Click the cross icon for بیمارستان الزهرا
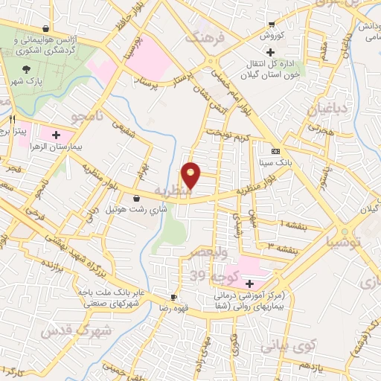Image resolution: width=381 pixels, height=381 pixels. [57, 135]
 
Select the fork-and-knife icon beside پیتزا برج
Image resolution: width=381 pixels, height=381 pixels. [12, 119]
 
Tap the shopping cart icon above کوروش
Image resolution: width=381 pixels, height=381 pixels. [271, 24]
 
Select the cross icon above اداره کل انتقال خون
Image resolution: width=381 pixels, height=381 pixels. [270, 51]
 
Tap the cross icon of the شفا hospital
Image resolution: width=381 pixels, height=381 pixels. [249, 283]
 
